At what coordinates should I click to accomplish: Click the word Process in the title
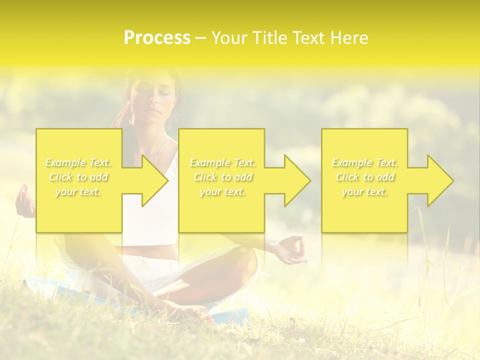(157, 38)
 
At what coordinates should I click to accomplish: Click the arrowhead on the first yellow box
(152, 180)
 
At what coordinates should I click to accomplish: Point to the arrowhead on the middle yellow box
(295, 180)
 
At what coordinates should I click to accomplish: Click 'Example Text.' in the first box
(78, 162)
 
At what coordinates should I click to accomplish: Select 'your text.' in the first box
(78, 191)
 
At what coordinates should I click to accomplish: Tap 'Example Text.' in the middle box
(222, 162)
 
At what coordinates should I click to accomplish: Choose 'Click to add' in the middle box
(222, 177)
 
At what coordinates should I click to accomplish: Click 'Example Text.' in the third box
(364, 162)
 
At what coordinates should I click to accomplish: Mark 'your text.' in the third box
(364, 191)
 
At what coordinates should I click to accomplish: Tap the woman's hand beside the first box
(24, 201)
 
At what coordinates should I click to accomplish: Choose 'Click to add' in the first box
(78, 177)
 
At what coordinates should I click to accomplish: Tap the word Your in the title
(230, 38)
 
